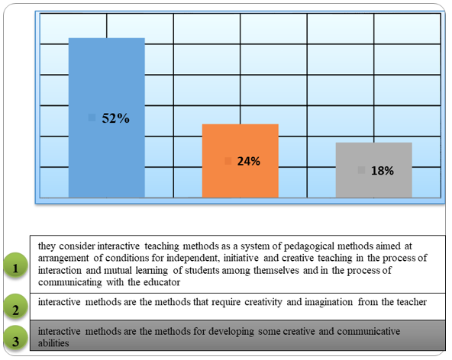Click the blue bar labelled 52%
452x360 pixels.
pyautogui.click(x=107, y=117)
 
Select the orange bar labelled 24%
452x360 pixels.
pyautogui.click(x=240, y=161)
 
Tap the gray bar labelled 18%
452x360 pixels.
pyautogui.click(x=374, y=170)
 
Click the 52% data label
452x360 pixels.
pyautogui.click(x=115, y=118)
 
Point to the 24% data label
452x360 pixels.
pyautogui.click(x=248, y=161)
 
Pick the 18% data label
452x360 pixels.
pyautogui.click(x=383, y=171)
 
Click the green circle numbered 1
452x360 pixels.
pyautogui.click(x=15, y=265)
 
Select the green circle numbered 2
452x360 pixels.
pyautogui.click(x=15, y=307)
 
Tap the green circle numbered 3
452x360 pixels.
pyautogui.click(x=15, y=338)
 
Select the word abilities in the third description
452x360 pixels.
pyautogui.click(x=53, y=343)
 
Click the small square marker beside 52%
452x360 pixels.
pyautogui.click(x=92, y=117)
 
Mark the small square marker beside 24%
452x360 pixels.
pyautogui.click(x=228, y=161)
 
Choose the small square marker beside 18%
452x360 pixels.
pyautogui.click(x=361, y=170)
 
